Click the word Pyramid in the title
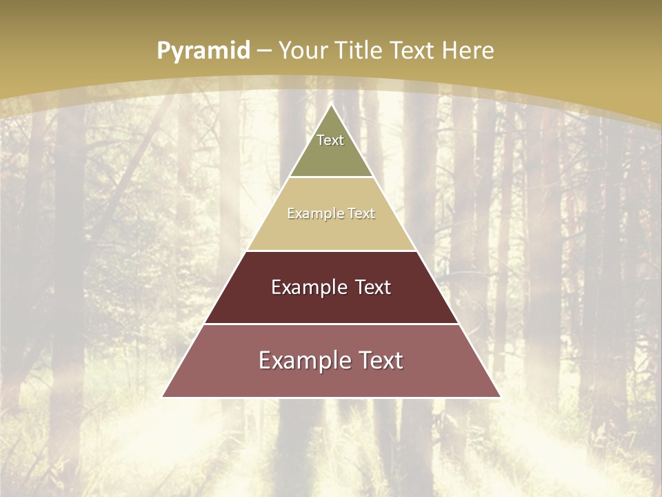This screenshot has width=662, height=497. pos(203,51)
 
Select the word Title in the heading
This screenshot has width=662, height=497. pos(363,50)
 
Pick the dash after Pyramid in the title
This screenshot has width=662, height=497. pos(263,51)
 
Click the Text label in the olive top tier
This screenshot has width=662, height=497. pos(330,140)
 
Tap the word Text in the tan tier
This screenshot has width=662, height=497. pos(362,213)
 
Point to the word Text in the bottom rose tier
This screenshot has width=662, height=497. pos(380,360)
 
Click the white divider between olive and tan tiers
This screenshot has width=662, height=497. pos(332,177)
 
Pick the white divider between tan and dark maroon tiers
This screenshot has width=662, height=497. pos(332,251)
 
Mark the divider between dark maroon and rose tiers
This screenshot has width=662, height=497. pos(332,324)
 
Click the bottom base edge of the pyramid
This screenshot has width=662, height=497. pos(332,397)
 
